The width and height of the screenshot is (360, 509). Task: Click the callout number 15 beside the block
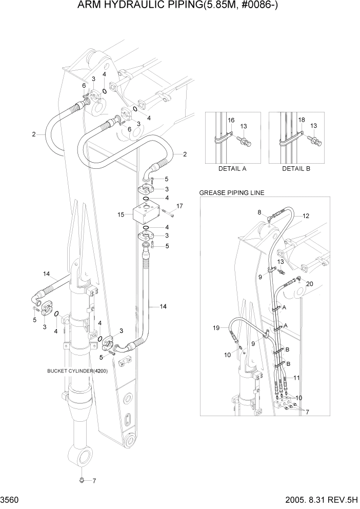point(121,214)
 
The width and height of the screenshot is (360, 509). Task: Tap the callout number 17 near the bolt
point(179,206)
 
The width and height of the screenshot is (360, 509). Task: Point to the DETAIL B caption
point(296,168)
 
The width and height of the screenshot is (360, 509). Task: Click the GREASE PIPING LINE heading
point(231,193)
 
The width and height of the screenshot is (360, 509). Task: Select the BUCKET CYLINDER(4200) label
point(77,370)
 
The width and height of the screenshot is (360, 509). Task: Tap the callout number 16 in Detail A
point(231,120)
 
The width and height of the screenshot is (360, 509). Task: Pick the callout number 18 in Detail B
point(302,120)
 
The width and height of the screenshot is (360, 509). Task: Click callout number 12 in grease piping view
point(306,216)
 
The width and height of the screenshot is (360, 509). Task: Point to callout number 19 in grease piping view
point(216,327)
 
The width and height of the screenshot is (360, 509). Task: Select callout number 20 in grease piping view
point(309,284)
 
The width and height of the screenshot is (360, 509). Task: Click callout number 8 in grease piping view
point(259,211)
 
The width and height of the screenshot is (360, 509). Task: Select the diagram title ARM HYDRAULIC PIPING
point(179,6)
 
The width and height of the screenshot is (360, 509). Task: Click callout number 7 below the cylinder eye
point(93,481)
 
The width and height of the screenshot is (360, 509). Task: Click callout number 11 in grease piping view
point(296,377)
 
